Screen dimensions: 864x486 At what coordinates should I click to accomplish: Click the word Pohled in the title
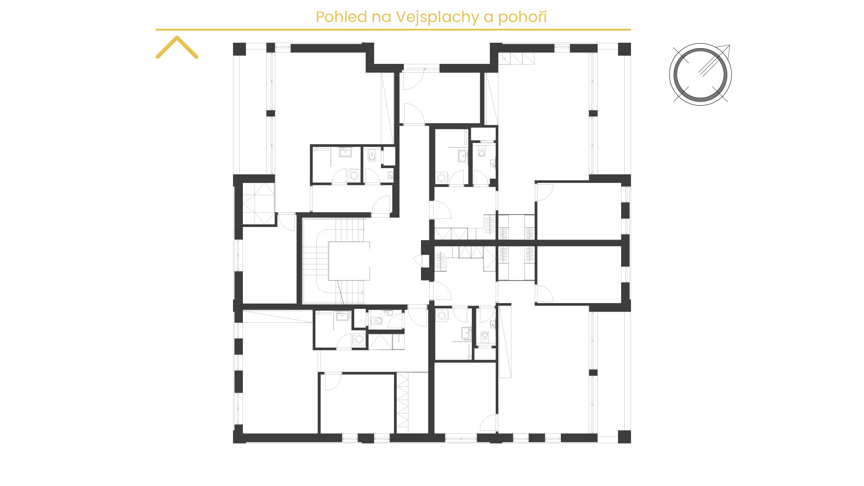[341, 17]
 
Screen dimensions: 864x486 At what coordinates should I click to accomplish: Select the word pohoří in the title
[523, 17]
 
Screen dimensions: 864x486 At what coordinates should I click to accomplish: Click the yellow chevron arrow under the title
[177, 47]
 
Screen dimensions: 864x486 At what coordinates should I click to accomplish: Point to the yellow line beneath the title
[393, 30]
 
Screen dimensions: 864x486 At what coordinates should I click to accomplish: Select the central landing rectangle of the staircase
[349, 261]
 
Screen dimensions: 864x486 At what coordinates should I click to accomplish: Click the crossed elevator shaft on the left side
[258, 204]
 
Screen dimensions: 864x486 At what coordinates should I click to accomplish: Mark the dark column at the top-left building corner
[239, 49]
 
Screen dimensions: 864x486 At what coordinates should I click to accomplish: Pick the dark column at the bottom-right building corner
[624, 437]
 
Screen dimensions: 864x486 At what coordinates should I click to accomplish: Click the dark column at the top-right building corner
[624, 49]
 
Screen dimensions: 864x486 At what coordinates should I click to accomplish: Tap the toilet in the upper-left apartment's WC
[372, 156]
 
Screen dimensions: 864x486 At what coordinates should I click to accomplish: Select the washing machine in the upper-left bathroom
[354, 175]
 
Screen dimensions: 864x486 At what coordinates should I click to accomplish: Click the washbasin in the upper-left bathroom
[345, 152]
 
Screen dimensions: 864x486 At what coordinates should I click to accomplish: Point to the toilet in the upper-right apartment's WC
[482, 152]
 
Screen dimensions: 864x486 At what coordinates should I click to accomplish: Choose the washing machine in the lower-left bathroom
[358, 339]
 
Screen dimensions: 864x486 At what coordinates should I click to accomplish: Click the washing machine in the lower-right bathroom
[442, 315]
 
